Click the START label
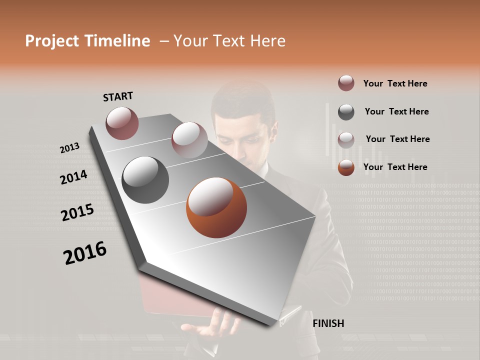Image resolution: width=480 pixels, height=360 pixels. click(x=118, y=96)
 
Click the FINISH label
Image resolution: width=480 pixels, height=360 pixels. click(x=328, y=323)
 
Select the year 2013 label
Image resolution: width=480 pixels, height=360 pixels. click(x=69, y=148)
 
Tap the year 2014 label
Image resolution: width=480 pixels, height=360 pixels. click(x=73, y=177)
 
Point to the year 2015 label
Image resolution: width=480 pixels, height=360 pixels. click(x=77, y=212)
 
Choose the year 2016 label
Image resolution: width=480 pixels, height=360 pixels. click(x=85, y=252)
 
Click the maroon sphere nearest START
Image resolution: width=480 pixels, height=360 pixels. click(x=122, y=123)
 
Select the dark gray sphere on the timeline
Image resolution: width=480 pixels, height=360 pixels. click(x=145, y=180)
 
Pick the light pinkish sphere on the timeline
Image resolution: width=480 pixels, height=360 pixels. click(x=189, y=140)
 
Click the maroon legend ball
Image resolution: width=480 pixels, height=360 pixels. click(x=346, y=83)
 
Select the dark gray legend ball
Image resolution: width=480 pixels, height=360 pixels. click(x=346, y=112)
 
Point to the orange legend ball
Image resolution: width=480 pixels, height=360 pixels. click(x=346, y=167)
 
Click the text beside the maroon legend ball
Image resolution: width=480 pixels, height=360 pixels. click(x=395, y=83)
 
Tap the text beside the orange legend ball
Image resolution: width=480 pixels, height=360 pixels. click(x=395, y=167)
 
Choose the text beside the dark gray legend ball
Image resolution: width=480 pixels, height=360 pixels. click(x=396, y=111)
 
